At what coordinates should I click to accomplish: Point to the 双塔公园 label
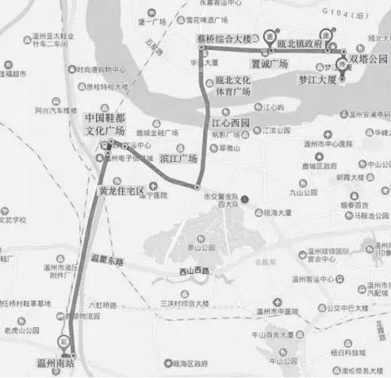[368, 59]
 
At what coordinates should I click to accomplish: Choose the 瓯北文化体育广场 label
[232, 87]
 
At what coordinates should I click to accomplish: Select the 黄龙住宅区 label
[121, 191]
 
